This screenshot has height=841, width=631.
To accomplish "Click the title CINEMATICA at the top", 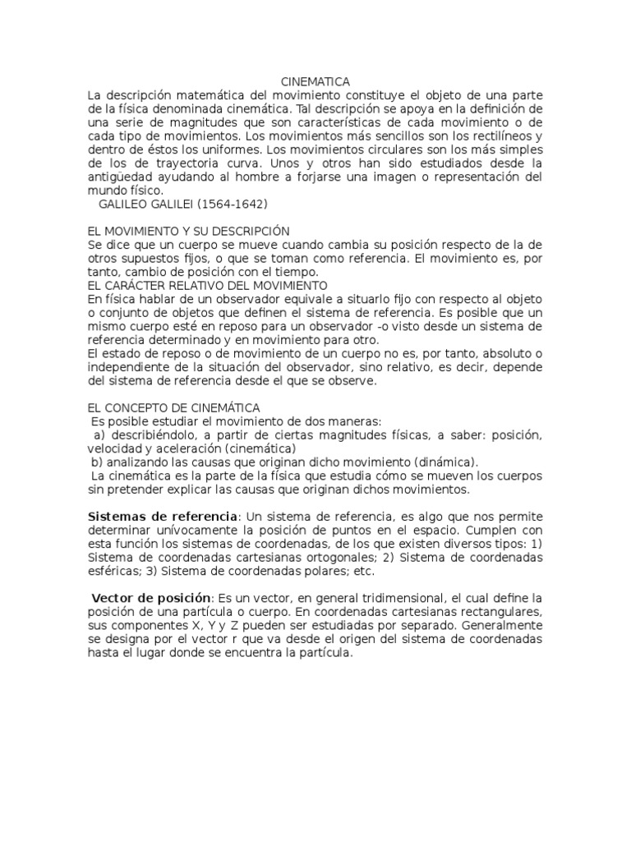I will click(315, 81).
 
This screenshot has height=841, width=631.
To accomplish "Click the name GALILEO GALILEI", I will click(150, 203).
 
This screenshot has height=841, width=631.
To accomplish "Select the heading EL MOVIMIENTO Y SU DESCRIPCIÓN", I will click(188, 232).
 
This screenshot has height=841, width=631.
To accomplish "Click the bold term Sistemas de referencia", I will click(162, 516).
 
